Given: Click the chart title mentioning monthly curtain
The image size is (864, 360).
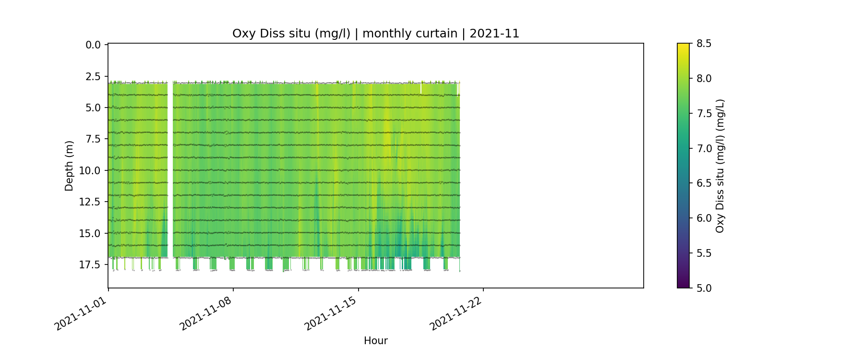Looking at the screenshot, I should pyautogui.click(x=375, y=34).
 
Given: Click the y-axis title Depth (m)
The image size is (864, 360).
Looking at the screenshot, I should pyautogui.click(x=69, y=166).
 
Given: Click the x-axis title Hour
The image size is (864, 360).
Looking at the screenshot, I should pyautogui.click(x=375, y=341).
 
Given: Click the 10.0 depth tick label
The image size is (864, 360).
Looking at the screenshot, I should pyautogui.click(x=91, y=171).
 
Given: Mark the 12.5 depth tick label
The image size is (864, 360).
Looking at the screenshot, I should pyautogui.click(x=91, y=202).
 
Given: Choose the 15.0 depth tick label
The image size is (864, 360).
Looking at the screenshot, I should pyautogui.click(x=91, y=234).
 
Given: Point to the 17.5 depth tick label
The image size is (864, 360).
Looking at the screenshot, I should pyautogui.click(x=91, y=265).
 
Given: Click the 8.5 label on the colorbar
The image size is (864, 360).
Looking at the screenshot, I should pyautogui.click(x=704, y=44).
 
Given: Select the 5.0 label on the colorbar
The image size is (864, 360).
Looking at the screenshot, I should pyautogui.click(x=704, y=288).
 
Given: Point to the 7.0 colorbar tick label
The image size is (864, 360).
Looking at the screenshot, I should pyautogui.click(x=704, y=148).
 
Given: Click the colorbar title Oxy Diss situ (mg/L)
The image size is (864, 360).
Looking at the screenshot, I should pyautogui.click(x=720, y=166).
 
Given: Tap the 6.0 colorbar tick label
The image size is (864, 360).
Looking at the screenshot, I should pyautogui.click(x=704, y=218).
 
